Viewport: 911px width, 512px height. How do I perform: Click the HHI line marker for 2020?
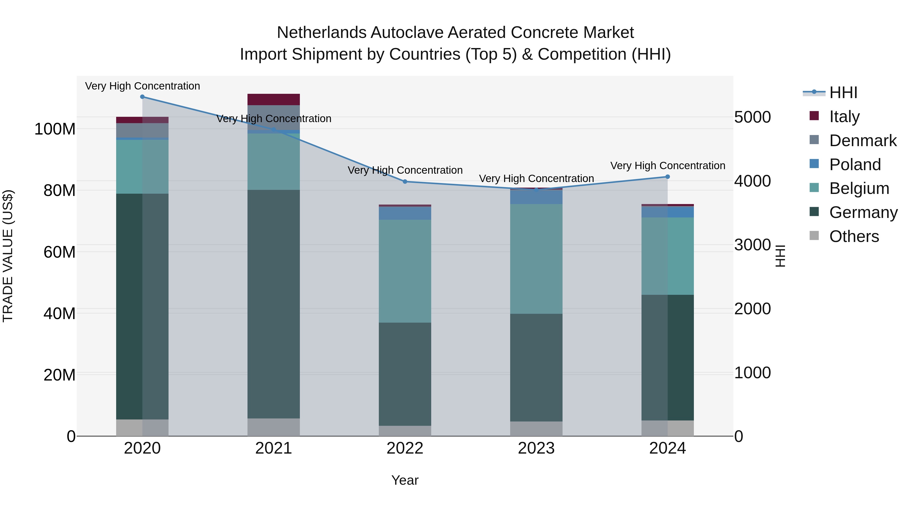click(x=142, y=97)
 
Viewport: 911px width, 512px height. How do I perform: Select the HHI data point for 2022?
click(x=405, y=182)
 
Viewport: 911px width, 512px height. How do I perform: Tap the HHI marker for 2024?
click(x=667, y=177)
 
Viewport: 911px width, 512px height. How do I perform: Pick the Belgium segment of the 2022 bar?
click(x=405, y=271)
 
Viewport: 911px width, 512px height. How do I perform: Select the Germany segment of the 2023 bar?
click(x=536, y=367)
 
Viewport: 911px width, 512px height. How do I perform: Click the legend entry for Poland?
click(x=855, y=165)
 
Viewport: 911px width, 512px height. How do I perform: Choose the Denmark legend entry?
click(x=863, y=141)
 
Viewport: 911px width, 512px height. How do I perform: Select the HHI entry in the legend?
click(x=843, y=93)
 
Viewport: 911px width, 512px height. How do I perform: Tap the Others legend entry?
click(x=854, y=236)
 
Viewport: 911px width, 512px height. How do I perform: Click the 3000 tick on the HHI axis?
click(x=752, y=245)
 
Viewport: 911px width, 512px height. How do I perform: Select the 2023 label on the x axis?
click(x=536, y=448)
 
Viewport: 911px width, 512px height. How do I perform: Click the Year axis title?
click(x=405, y=480)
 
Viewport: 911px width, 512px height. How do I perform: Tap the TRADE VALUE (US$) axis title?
click(x=8, y=256)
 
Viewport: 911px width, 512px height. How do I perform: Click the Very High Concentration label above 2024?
click(x=667, y=166)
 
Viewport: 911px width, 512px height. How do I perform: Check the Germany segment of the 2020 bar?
click(x=142, y=306)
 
